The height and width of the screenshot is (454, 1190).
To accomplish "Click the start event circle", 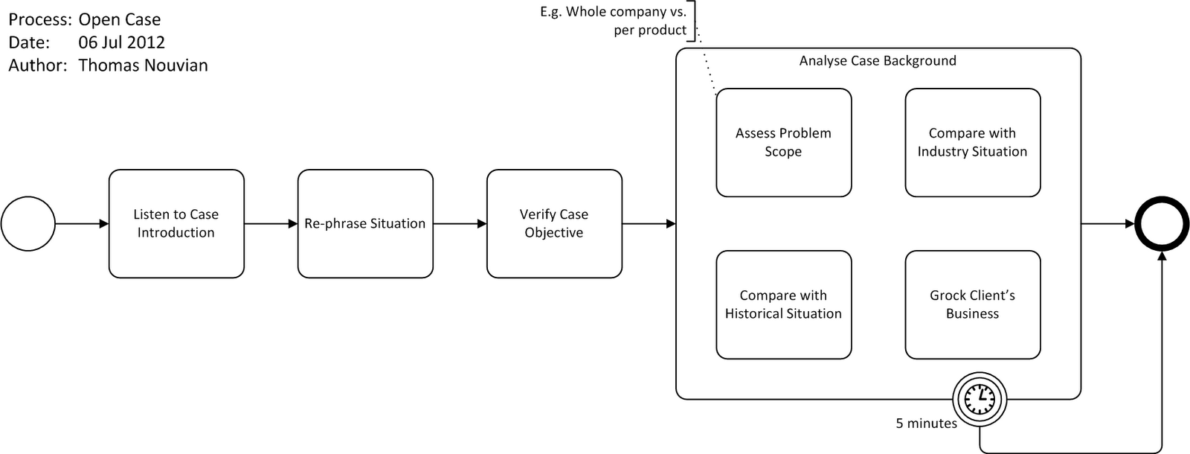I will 28,223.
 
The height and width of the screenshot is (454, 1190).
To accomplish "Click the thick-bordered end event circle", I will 1161,223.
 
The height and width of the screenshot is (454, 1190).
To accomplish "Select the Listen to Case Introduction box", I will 176,223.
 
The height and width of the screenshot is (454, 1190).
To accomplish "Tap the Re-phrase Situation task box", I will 365,223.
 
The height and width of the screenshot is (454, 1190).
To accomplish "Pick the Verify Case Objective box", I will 554,223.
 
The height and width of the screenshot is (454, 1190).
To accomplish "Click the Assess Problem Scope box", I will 783,142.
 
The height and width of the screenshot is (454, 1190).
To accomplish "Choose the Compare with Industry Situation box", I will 972,142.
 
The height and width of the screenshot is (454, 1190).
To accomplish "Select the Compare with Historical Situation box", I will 783,304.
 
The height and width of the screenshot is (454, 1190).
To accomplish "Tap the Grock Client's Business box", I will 972,304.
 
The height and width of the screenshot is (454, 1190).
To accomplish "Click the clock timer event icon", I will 980,398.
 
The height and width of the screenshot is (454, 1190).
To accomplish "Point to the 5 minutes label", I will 926,423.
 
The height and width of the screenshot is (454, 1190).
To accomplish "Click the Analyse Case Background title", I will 878,61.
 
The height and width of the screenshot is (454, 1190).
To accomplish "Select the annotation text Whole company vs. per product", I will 614,21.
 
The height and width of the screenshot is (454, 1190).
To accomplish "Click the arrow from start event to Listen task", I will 82,223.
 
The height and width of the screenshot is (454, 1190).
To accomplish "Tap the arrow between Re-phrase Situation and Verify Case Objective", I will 460,223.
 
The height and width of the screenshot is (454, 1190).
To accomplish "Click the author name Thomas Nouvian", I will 143,65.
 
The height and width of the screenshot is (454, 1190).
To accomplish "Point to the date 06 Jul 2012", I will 121,42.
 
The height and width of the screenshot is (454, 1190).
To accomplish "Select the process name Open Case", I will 119,19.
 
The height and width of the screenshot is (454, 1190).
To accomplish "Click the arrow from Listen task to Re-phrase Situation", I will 271,223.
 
